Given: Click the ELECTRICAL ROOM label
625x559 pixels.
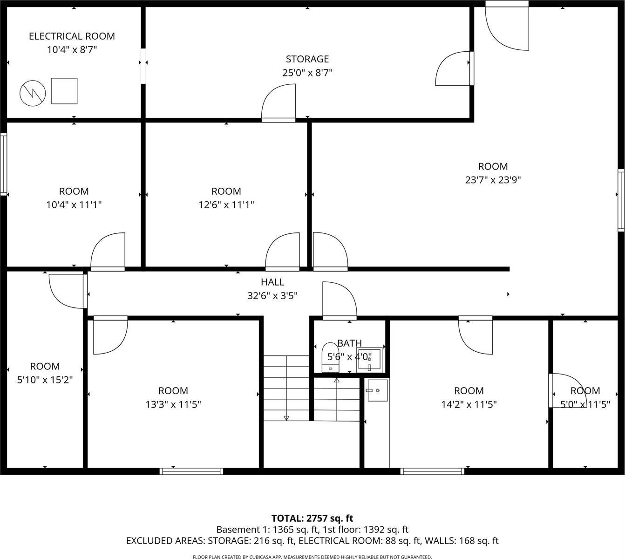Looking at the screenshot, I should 72,36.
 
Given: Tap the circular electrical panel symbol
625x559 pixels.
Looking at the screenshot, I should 33,93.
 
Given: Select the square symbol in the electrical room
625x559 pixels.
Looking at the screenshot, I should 64,91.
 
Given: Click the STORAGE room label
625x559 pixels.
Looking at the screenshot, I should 307,59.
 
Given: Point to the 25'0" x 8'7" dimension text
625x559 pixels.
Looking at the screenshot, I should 307,73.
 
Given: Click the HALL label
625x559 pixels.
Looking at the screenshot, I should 272,282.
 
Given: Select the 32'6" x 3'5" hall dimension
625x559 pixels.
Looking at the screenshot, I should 272,295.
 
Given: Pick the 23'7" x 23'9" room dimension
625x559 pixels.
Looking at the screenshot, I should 493,180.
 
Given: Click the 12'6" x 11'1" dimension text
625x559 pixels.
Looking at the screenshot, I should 226,205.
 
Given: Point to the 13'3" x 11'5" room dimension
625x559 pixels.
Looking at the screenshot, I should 173,404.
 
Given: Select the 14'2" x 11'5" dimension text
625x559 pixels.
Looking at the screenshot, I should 469,404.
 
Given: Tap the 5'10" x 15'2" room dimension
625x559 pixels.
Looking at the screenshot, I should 45,380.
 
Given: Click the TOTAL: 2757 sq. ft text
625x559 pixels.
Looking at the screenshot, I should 312,518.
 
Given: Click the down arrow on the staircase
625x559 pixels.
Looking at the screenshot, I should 286,417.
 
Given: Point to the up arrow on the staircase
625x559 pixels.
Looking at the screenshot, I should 337,381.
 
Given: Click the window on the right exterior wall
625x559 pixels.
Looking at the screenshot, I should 621,200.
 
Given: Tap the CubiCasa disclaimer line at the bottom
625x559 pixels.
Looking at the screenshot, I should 312,557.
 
